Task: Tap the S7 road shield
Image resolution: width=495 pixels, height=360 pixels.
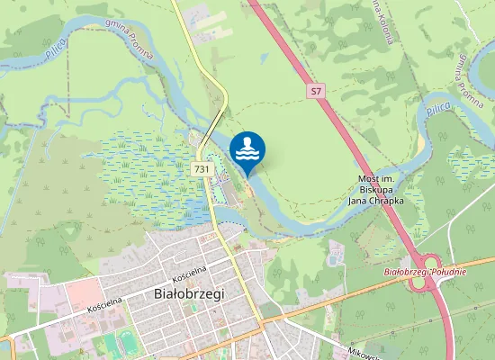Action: (315, 91)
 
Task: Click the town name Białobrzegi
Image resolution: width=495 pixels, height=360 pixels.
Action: (188, 293)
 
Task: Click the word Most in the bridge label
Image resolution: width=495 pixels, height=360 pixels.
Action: (368, 179)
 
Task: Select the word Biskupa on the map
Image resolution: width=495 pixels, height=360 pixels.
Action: (375, 190)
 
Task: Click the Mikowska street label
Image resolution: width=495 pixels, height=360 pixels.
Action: (364, 354)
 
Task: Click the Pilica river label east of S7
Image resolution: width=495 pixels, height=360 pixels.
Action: (437, 108)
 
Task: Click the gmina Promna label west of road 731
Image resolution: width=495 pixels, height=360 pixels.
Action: (130, 40)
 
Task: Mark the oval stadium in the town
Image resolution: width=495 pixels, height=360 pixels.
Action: (129, 341)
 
